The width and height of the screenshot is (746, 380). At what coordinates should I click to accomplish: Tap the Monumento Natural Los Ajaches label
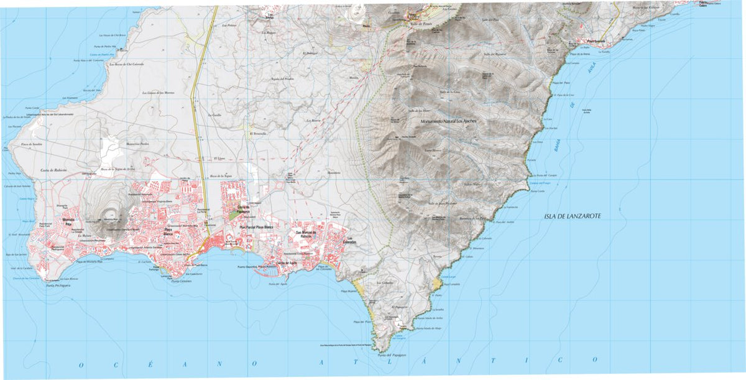pos(448,121)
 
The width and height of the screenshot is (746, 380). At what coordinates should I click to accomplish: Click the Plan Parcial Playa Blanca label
pos(257,228)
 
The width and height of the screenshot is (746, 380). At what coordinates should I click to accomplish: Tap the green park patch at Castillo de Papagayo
pos(233,215)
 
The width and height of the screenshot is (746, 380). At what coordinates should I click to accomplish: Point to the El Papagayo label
pos(398,307)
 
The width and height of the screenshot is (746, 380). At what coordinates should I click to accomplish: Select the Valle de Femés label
pos(420,24)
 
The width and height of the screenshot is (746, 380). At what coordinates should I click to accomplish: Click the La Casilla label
pos(215,115)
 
